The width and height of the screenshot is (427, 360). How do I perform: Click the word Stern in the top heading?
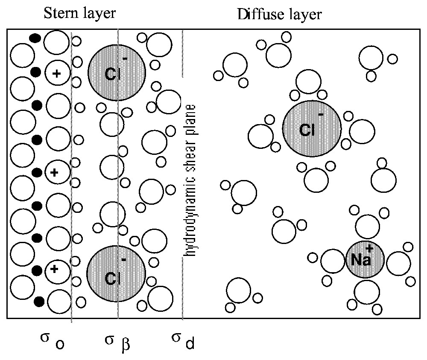[58, 14]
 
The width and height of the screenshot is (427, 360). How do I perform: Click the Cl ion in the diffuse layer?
[311, 128]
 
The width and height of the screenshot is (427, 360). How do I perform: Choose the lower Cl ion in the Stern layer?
[116, 273]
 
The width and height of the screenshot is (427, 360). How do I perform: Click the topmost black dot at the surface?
[35, 38]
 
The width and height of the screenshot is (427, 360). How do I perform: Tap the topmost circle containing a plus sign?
[56, 73]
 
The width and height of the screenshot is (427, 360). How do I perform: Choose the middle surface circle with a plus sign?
[55, 172]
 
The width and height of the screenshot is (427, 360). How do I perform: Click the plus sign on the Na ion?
[370, 248]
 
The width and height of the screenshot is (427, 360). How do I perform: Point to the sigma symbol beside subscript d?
[176, 338]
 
